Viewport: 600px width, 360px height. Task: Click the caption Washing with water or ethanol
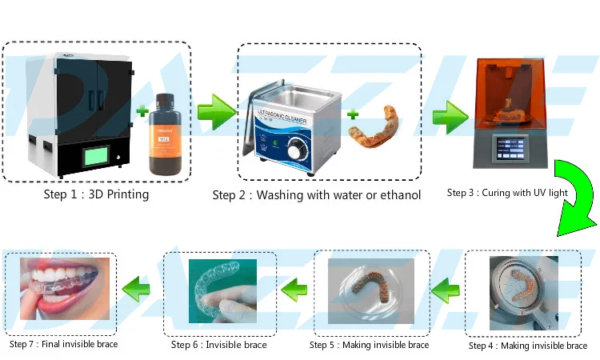[316, 194]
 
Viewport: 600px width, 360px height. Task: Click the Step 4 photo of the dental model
[524, 293]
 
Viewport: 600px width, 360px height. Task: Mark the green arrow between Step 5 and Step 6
[294, 284]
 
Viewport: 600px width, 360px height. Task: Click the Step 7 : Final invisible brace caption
[64, 344]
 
